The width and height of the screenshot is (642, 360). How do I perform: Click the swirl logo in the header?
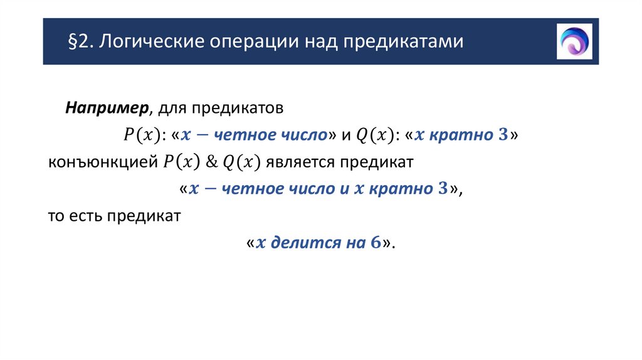(574, 41)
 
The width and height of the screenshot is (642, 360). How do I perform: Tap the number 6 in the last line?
(376, 243)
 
